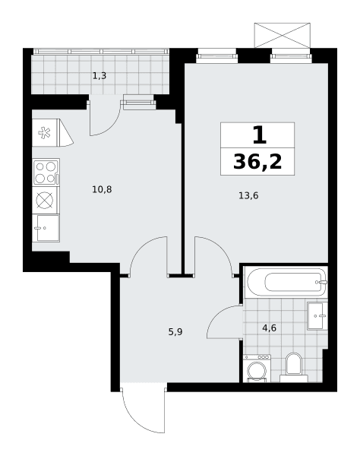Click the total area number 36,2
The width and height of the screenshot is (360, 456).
pyautogui.click(x=257, y=162)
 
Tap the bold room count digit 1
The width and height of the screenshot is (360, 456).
pyautogui.click(x=259, y=136)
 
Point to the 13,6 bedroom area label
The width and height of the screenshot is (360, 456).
pyautogui.click(x=248, y=196)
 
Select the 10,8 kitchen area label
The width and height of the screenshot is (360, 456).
pyautogui.click(x=102, y=189)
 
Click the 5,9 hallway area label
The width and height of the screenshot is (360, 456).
pyautogui.click(x=175, y=332)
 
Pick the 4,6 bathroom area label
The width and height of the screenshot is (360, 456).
pyautogui.click(x=270, y=328)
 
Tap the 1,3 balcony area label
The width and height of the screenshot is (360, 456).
pyautogui.click(x=99, y=76)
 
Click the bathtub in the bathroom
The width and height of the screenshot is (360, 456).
pyautogui.click(x=286, y=282)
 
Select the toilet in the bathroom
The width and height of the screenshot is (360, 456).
pyautogui.click(x=294, y=368)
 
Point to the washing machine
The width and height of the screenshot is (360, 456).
pyautogui.click(x=257, y=368)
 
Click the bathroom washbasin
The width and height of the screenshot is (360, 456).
pyautogui.click(x=317, y=316)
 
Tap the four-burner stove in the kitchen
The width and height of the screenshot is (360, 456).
pyautogui.click(x=46, y=173)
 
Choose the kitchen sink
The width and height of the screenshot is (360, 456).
pyautogui.click(x=46, y=228)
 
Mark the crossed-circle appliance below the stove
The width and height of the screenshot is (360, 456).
pyautogui.click(x=46, y=200)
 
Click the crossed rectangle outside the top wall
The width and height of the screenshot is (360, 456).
pyautogui.click(x=282, y=35)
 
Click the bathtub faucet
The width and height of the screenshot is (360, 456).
pyautogui.click(x=322, y=282)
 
